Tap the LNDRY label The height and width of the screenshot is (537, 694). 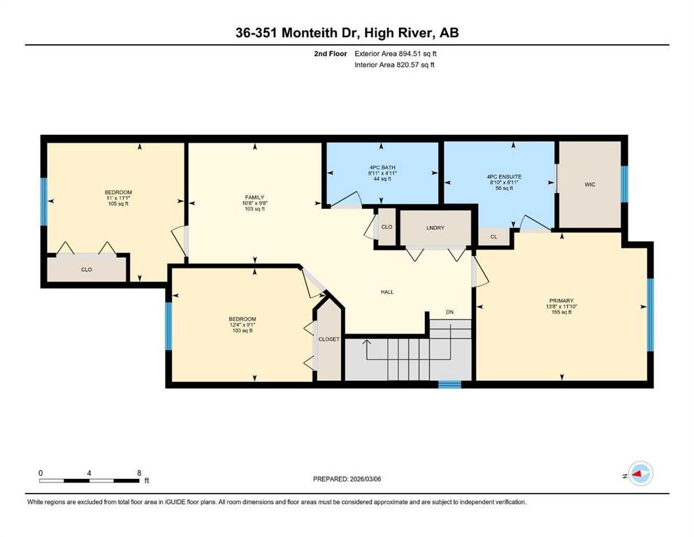point(435,229)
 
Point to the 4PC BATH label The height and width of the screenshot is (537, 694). point(381,168)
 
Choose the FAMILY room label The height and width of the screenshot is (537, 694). point(254,197)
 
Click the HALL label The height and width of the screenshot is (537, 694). point(387,292)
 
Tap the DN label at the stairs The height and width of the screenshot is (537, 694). point(450,312)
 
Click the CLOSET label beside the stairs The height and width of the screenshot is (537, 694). point(328,339)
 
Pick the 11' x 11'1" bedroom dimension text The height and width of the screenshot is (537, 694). point(118,198)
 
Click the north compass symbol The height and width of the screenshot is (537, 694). point(639,474)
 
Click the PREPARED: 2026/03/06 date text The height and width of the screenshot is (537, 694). point(347,479)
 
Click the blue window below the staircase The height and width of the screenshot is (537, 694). point(449,384)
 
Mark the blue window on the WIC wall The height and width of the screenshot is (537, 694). point(625,184)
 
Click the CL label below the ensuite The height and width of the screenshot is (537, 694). point(493,237)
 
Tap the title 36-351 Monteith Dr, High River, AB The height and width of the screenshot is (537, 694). point(347,33)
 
